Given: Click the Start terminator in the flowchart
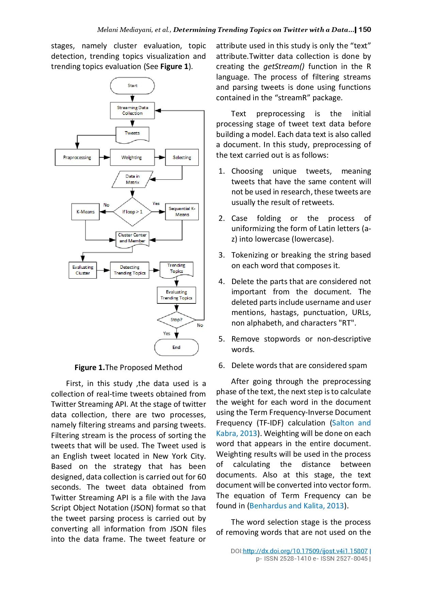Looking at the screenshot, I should click(132, 86).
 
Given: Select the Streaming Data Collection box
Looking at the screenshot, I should click(132, 110).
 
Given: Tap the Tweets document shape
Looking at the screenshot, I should click(132, 134).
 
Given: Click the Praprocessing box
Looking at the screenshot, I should click(77, 157).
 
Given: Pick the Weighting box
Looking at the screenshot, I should click(132, 157).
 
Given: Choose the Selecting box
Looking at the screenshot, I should click(182, 157).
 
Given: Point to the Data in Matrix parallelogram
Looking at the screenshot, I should click(132, 179).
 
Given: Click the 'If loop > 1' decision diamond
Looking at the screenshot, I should click(132, 212).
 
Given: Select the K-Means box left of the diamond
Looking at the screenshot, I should click(85, 212).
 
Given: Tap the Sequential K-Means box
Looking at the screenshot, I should click(182, 212).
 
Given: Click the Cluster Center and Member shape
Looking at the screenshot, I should click(132, 238).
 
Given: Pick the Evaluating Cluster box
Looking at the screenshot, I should click(83, 270).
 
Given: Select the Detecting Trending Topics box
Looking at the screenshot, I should click(130, 270).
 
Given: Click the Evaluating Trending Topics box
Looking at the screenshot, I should click(176, 295).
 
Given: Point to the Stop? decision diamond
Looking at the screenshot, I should click(176, 320).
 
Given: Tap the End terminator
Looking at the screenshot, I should click(176, 347).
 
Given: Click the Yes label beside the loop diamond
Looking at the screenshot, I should click(156, 204).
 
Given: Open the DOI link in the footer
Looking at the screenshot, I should click(305, 551).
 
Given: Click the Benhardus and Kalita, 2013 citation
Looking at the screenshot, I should click(296, 506).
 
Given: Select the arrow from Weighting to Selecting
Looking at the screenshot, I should click(160, 157).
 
